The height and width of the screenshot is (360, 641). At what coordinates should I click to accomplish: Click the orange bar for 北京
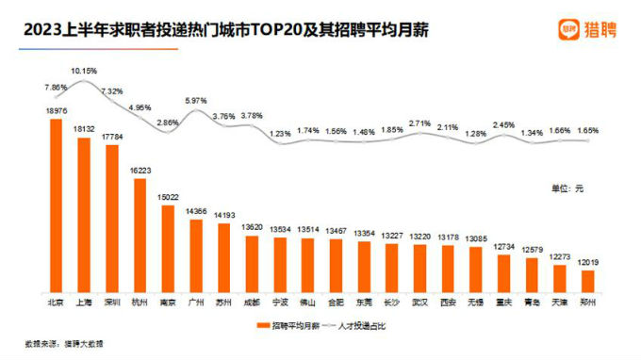tap(56, 207)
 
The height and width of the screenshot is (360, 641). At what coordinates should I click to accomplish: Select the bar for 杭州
tap(140, 237)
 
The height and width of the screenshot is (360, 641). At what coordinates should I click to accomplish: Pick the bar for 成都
tap(253, 265)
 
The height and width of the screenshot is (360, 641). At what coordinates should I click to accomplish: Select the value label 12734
tap(503, 247)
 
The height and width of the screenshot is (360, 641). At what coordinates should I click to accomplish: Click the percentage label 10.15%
tap(85, 71)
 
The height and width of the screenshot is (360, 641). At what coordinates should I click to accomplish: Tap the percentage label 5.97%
tap(195, 101)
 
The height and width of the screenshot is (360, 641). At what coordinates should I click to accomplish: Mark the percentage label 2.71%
tap(420, 123)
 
